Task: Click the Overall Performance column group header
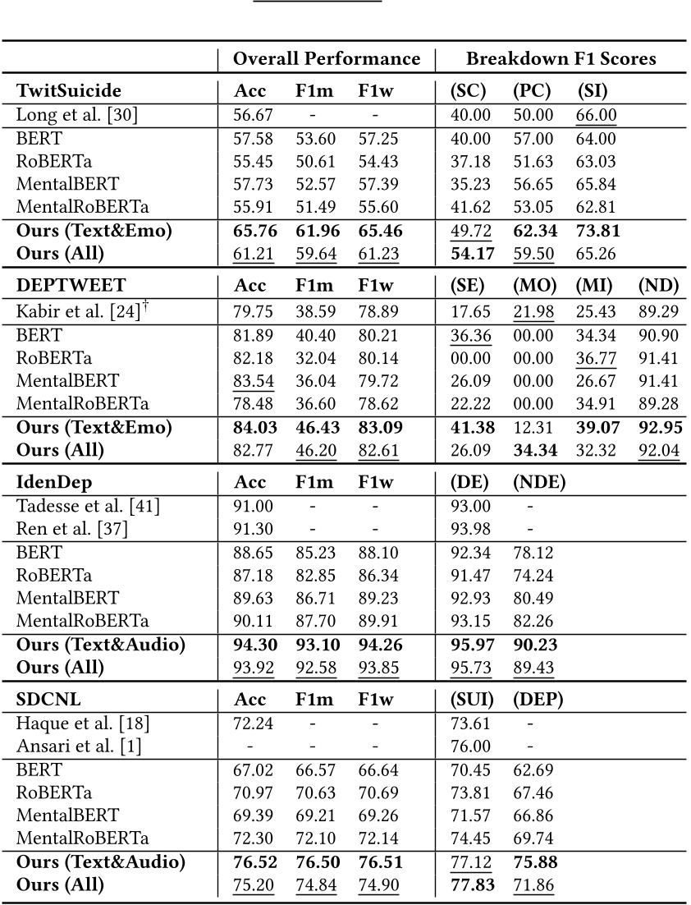pyautogui.click(x=326, y=59)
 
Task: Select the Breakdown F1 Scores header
pyautogui.click(x=561, y=59)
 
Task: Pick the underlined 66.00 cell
pyautogui.click(x=597, y=115)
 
